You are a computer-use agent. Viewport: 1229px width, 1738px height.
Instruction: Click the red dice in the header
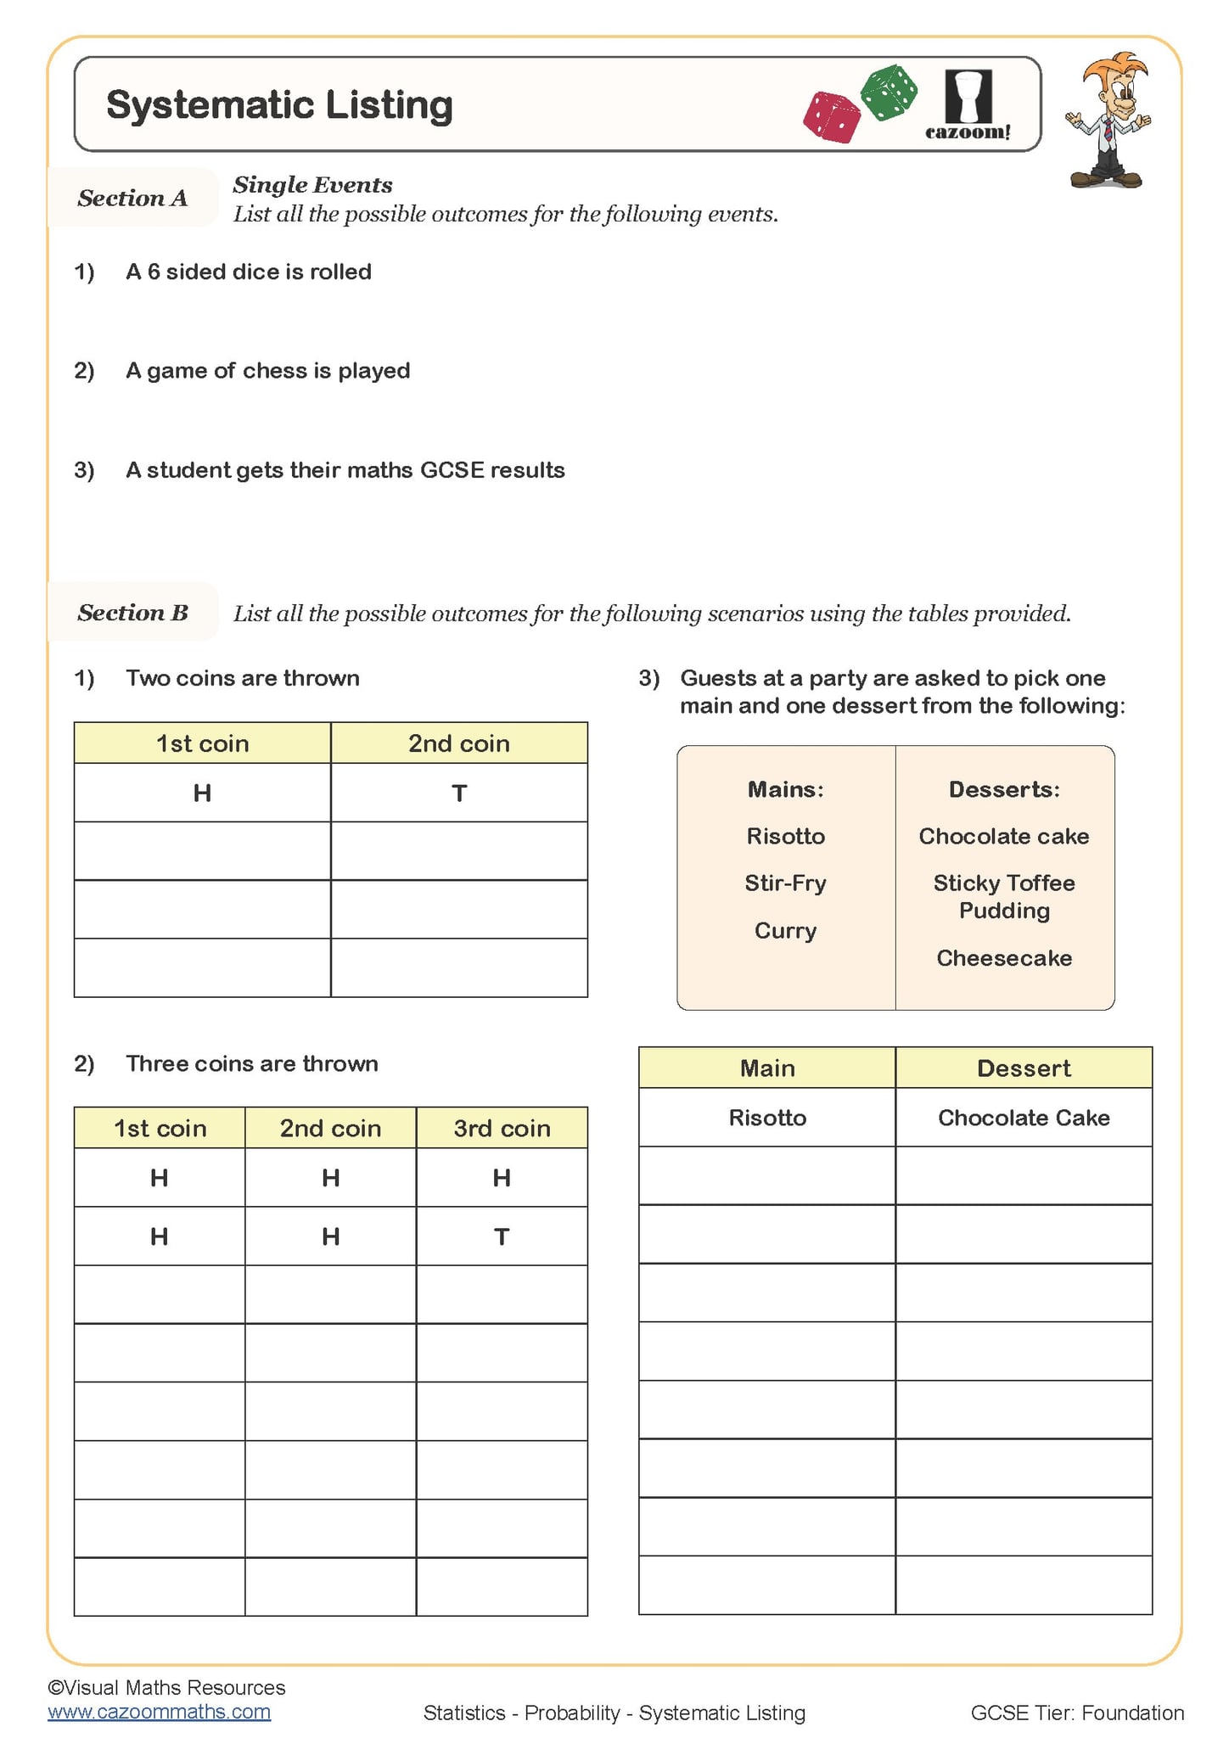(832, 117)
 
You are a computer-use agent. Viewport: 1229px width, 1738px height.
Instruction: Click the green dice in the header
(889, 92)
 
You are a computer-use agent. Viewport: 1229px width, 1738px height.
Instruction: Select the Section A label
(132, 198)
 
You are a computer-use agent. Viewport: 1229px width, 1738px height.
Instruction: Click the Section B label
(132, 613)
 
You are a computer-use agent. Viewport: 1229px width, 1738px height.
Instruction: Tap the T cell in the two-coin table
(459, 793)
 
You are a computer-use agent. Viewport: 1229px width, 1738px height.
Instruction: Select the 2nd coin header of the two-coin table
(459, 743)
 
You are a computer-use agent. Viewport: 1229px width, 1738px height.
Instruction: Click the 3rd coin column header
(502, 1128)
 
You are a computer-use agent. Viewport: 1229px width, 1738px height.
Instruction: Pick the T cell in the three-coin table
(502, 1237)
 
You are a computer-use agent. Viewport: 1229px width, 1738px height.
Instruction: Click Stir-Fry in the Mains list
(785, 883)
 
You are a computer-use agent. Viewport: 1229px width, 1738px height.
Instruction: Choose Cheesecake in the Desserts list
(1004, 958)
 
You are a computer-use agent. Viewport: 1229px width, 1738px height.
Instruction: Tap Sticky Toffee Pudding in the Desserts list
(1004, 897)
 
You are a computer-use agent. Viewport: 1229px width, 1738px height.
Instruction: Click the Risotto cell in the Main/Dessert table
(767, 1118)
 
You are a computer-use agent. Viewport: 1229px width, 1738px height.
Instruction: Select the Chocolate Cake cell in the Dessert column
(1024, 1118)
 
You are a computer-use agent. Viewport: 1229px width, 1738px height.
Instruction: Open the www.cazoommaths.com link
(160, 1712)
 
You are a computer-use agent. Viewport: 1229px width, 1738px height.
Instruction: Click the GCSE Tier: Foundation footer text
(1077, 1713)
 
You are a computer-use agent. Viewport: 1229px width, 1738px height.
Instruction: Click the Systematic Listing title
(279, 105)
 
